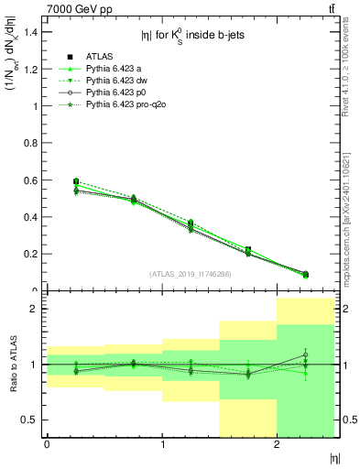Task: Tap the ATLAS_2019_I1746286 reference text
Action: coord(191,274)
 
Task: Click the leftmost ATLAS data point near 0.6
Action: coord(76,181)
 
